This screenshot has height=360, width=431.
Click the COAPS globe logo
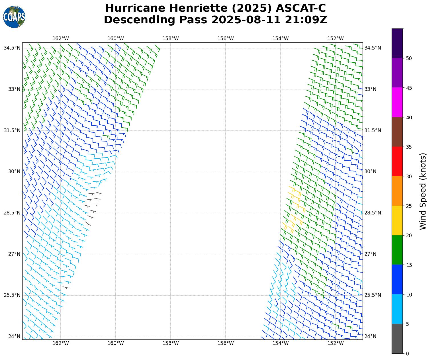click(x=14, y=17)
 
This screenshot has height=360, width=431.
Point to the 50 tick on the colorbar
click(x=409, y=58)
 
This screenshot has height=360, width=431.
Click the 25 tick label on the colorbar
click(x=409, y=206)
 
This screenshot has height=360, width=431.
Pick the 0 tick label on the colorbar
click(x=407, y=354)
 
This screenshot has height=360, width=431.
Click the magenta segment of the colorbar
click(x=397, y=102)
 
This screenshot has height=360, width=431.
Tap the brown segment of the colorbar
click(x=397, y=132)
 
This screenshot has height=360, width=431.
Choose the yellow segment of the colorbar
click(x=397, y=220)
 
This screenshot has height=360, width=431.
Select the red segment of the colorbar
click(x=397, y=161)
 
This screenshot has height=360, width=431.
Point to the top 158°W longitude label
click(x=170, y=38)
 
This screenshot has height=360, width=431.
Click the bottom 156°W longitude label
click(x=225, y=343)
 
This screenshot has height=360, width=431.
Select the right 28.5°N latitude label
click(x=373, y=213)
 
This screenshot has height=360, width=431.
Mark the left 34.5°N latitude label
click(x=12, y=48)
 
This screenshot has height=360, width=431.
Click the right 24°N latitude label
click(x=370, y=336)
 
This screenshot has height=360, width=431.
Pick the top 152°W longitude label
click(x=335, y=38)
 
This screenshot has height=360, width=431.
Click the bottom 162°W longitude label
click(x=61, y=343)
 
